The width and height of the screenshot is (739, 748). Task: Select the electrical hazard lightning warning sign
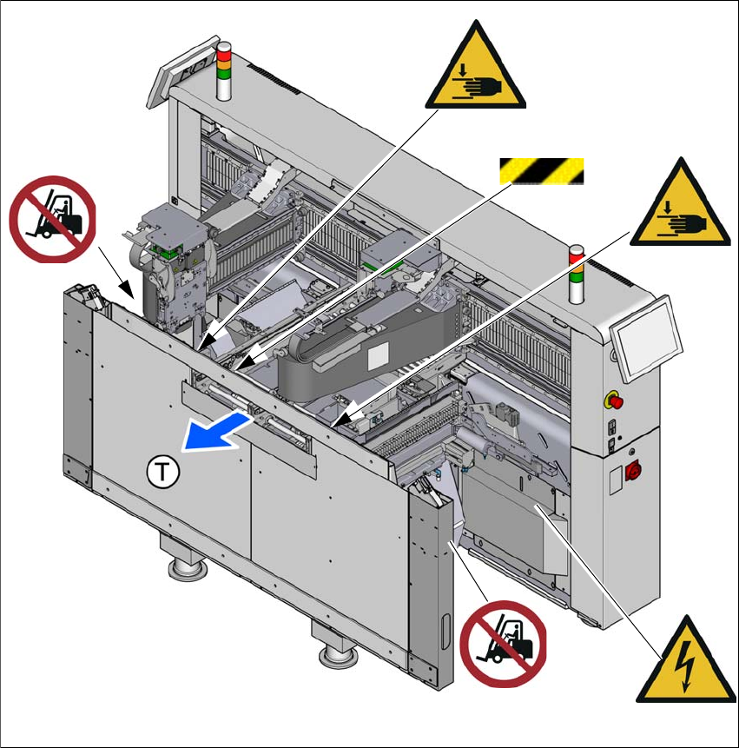[x=683, y=664]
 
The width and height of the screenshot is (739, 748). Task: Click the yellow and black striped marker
[x=539, y=171]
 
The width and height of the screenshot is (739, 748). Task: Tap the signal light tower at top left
[x=223, y=70]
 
